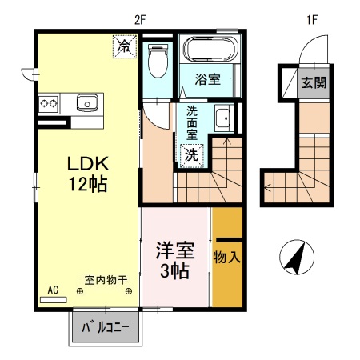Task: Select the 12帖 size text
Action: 87,183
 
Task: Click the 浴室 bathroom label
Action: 208,78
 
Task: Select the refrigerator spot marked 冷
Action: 124,46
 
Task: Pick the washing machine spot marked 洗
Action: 192,154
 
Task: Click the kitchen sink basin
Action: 86,102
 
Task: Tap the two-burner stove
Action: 49,102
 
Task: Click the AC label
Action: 54,290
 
